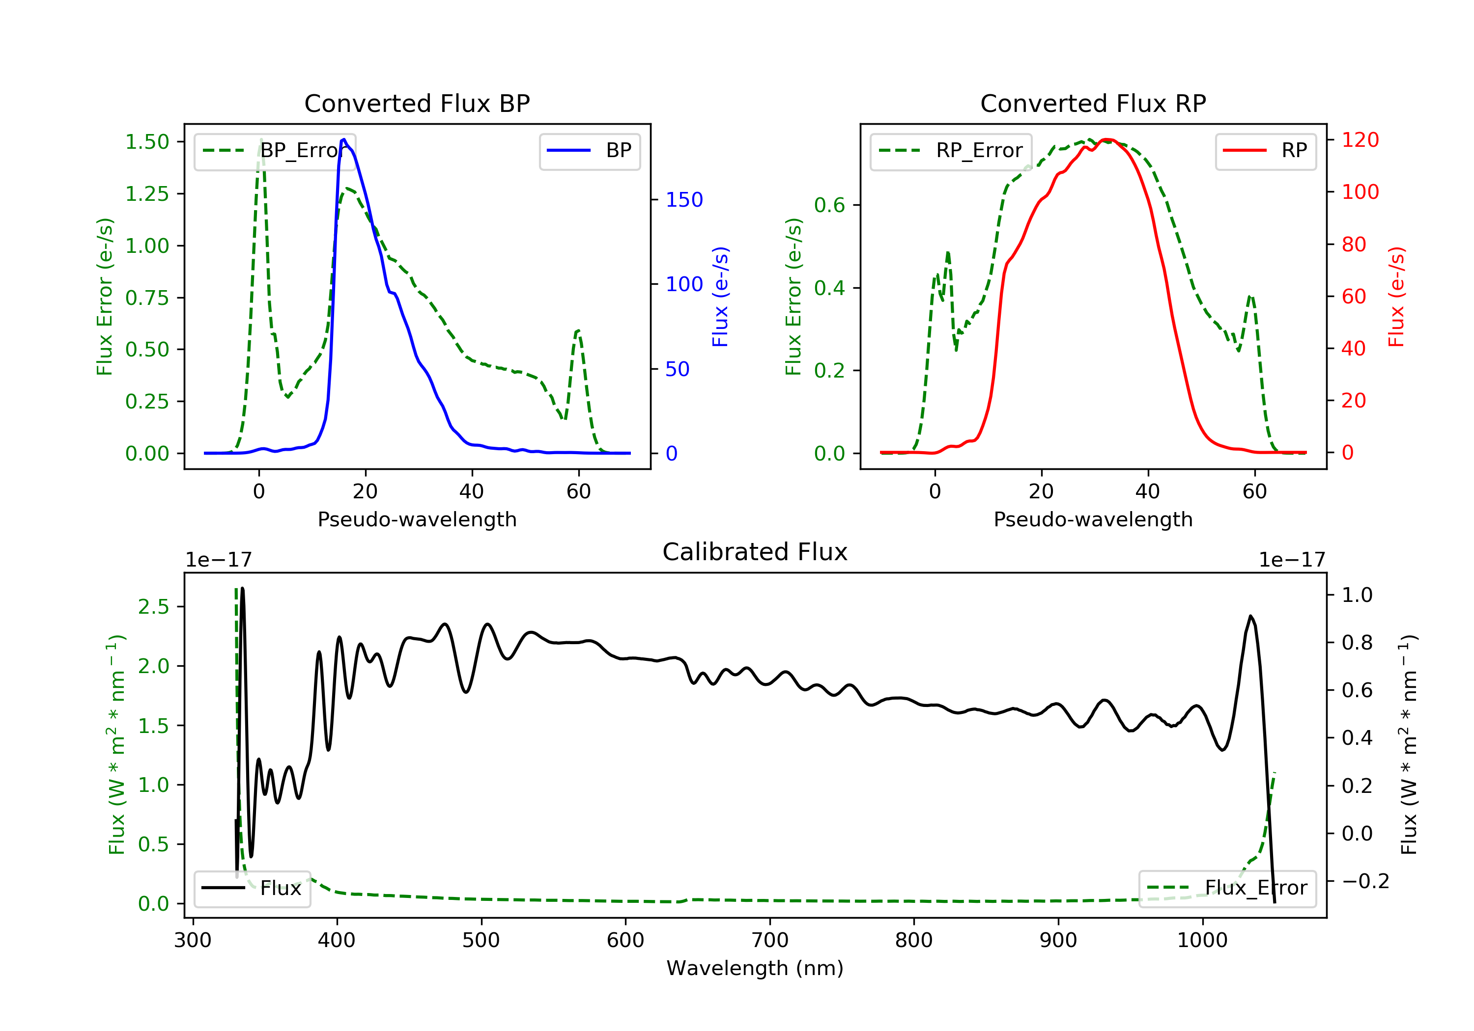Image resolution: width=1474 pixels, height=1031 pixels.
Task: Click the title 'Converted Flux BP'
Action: tap(417, 103)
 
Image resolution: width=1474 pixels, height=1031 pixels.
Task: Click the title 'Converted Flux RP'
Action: tap(1093, 103)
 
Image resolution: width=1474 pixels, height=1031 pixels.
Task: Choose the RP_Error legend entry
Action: tap(951, 151)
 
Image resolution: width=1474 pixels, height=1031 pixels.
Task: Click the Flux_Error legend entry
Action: tap(1227, 888)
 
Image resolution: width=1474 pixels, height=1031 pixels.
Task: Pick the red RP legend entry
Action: tap(1265, 151)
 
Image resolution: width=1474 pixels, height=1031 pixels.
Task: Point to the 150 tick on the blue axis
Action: tap(684, 199)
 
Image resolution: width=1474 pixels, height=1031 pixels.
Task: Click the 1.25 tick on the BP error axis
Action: tap(147, 194)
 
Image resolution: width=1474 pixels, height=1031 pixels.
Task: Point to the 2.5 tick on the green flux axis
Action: tap(154, 606)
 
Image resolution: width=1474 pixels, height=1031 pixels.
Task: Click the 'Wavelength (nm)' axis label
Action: tap(755, 968)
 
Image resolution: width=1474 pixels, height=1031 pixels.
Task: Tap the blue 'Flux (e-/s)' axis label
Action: tap(720, 297)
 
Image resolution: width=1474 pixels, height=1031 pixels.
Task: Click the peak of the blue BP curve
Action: tap(344, 139)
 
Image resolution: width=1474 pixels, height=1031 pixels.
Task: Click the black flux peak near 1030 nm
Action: tap(1250, 616)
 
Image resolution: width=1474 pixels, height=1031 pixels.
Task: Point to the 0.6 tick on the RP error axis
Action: tap(829, 205)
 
